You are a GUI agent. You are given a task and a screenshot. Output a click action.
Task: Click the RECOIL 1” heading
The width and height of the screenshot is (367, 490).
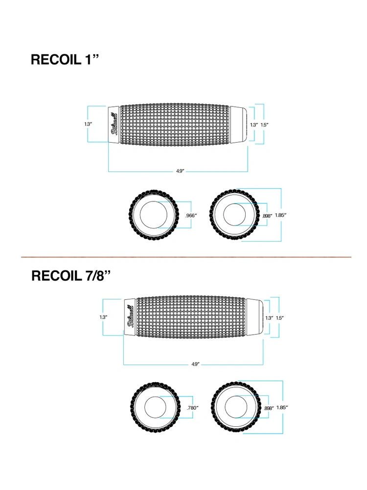(65, 59)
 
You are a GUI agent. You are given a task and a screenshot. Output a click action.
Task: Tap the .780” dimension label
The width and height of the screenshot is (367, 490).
(192, 408)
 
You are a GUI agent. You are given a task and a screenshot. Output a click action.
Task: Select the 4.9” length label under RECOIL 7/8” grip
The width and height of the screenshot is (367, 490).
(195, 364)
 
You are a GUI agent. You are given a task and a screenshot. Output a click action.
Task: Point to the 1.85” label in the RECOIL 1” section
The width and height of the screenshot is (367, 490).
(281, 215)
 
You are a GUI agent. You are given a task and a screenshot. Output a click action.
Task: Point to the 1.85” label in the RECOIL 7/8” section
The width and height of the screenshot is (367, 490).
(281, 408)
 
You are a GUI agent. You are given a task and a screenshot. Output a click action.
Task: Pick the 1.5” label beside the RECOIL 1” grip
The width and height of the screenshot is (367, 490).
(264, 124)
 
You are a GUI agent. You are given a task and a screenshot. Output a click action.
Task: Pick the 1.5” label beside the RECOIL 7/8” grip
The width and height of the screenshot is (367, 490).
(279, 318)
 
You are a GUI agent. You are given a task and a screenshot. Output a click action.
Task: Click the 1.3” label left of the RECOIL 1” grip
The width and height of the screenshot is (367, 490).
(88, 124)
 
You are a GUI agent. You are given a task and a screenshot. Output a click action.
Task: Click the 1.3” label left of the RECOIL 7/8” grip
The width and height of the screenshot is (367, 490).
(103, 317)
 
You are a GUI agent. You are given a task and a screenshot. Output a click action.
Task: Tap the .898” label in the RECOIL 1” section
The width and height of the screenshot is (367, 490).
(267, 216)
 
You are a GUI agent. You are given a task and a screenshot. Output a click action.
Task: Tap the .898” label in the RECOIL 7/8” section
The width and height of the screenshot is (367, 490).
(268, 408)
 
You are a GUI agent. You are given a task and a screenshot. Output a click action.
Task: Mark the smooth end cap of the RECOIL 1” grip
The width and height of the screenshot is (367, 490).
(239, 124)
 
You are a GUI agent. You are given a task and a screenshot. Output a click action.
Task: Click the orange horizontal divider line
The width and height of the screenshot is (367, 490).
(186, 257)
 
